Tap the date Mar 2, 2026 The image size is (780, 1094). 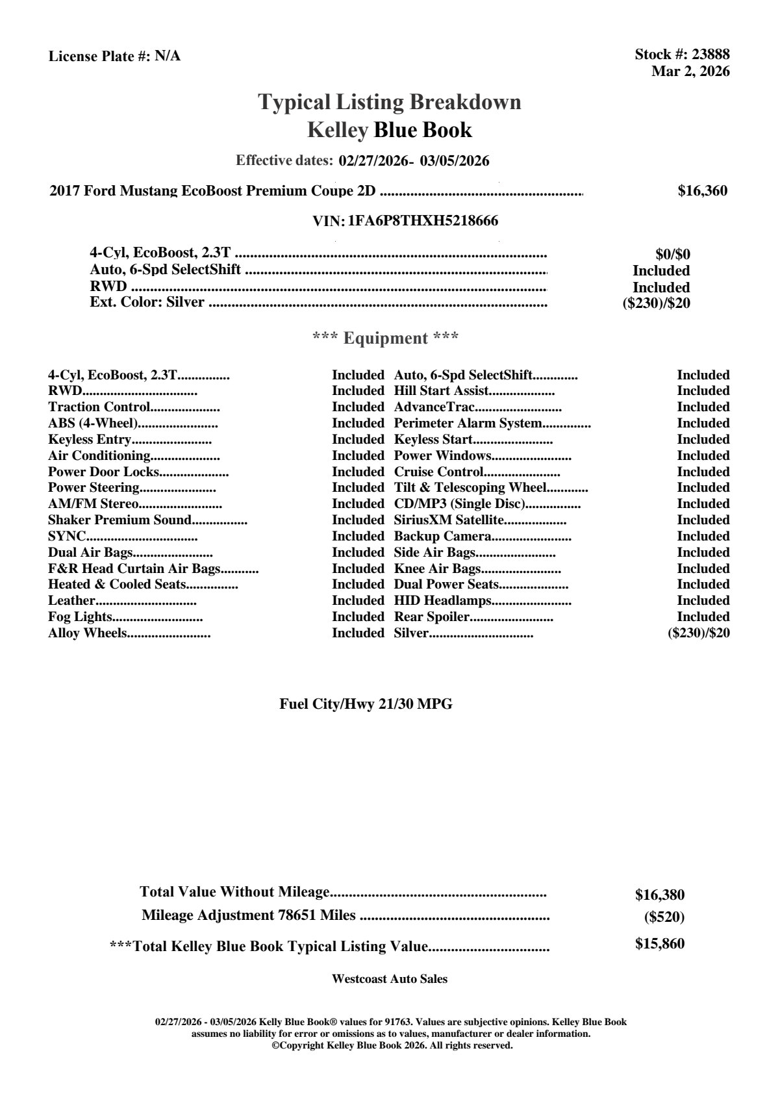click(x=690, y=71)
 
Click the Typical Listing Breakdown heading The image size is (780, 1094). click(x=390, y=102)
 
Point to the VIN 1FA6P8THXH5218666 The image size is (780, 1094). click(x=423, y=221)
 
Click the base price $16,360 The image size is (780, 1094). click(x=702, y=191)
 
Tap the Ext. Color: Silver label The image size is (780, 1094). click(x=147, y=302)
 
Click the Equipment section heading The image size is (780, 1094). click(x=386, y=338)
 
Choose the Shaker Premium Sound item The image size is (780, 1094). click(x=120, y=520)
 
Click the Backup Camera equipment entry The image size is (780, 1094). click(x=442, y=536)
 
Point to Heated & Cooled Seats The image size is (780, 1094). click(x=117, y=584)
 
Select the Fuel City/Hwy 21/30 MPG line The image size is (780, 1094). click(x=366, y=704)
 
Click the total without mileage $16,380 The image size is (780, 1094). click(x=659, y=895)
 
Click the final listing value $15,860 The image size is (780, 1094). click(x=659, y=944)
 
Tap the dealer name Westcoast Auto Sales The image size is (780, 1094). click(x=389, y=978)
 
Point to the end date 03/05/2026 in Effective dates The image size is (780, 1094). click(x=455, y=160)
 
